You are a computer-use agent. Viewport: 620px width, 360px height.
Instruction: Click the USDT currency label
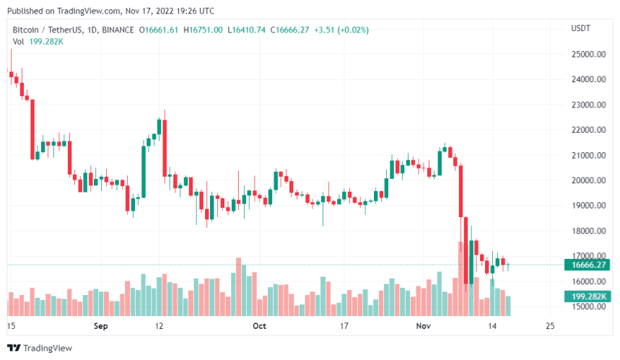(x=580, y=29)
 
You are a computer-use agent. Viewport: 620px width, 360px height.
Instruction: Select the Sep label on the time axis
(x=101, y=326)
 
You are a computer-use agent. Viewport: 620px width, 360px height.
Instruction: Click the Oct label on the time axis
(x=259, y=326)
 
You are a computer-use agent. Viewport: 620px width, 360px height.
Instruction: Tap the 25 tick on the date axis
(x=551, y=326)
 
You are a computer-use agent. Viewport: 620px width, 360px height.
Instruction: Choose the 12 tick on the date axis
(x=160, y=326)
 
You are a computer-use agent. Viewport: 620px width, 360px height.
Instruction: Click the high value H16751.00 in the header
(x=204, y=29)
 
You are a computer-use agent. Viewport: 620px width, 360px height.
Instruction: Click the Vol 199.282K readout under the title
(x=38, y=42)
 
